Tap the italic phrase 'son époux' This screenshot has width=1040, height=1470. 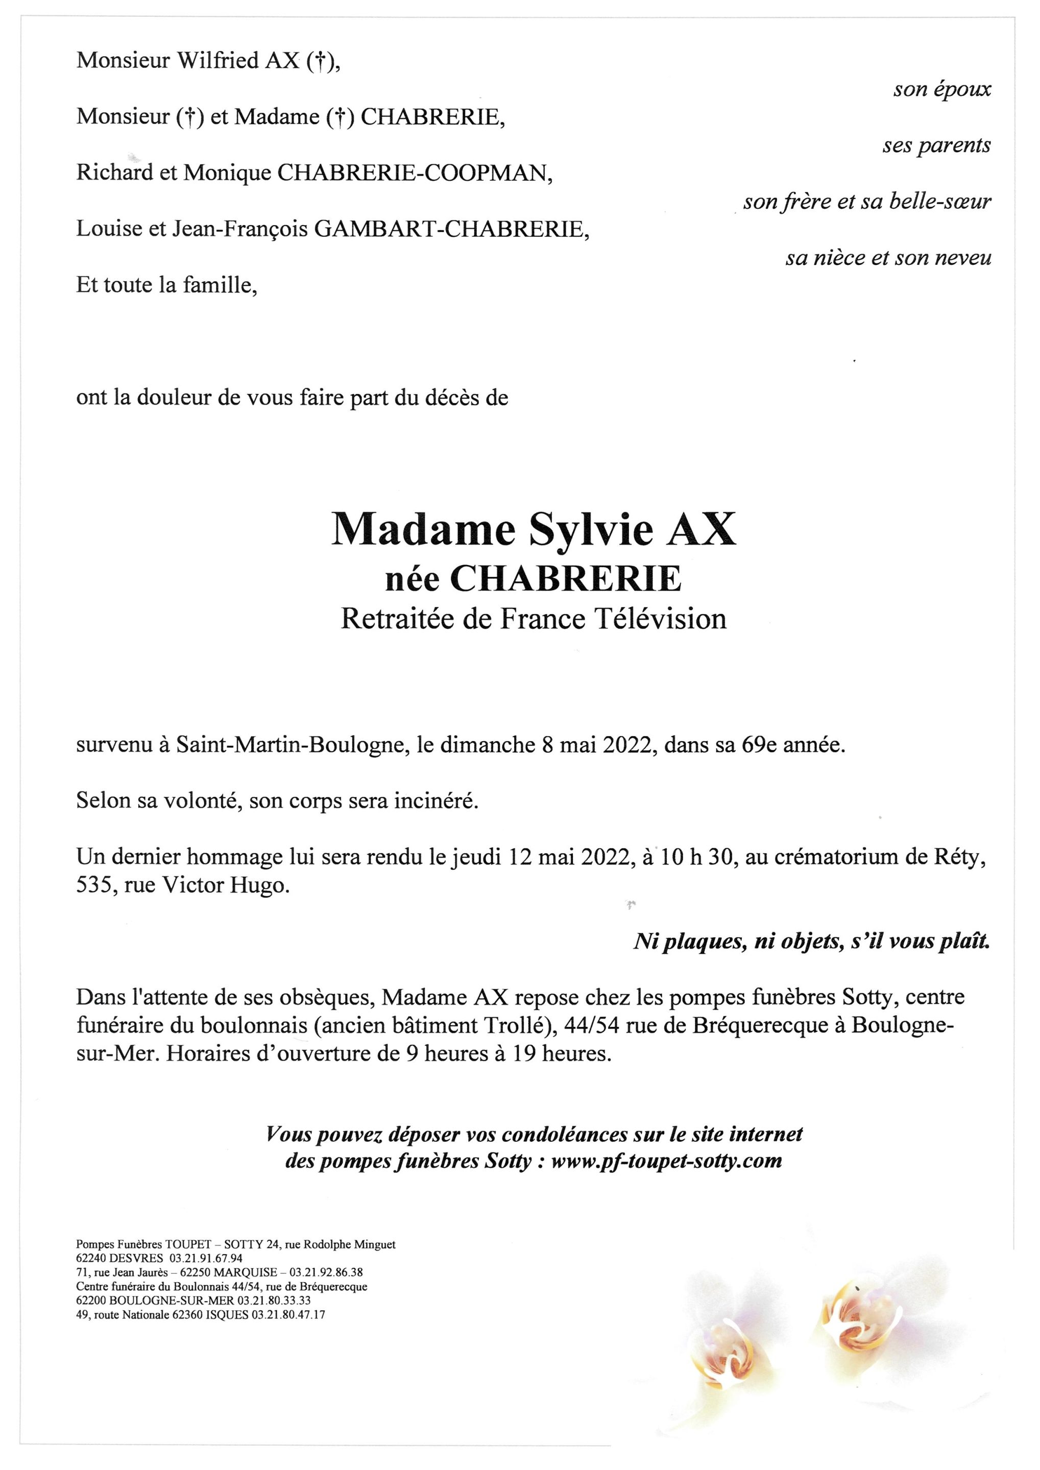(941, 90)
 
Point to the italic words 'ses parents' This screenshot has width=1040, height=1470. (936, 146)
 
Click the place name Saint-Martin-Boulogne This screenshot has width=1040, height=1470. (293, 745)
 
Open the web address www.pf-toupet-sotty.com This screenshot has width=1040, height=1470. (666, 1161)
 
